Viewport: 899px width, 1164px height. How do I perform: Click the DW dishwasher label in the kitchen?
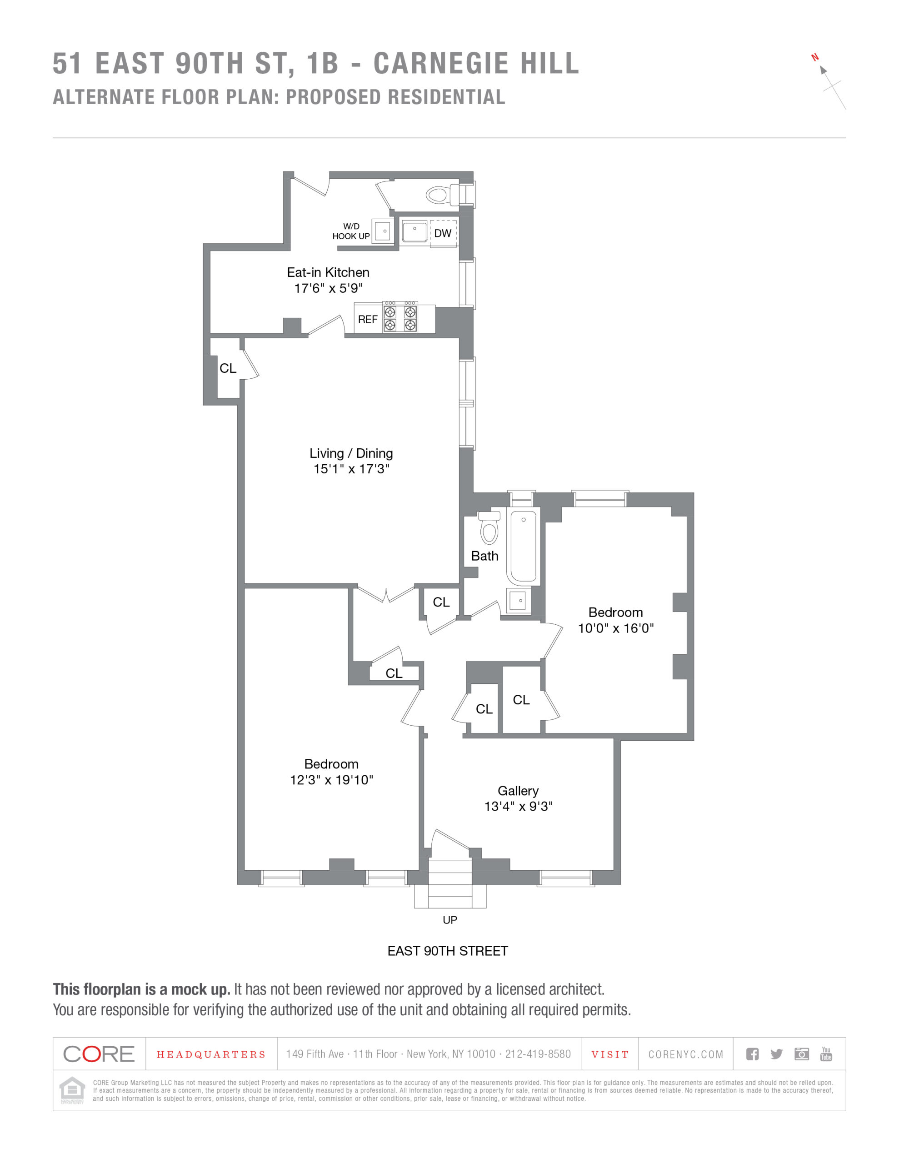click(x=442, y=233)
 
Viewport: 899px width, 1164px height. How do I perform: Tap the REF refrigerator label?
click(x=368, y=319)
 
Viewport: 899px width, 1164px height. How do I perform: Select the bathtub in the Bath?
click(x=523, y=546)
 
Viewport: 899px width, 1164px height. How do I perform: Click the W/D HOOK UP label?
click(x=351, y=231)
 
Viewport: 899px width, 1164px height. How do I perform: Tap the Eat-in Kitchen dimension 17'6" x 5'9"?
click(x=328, y=288)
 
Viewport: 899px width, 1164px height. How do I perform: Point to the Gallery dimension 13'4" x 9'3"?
click(x=518, y=806)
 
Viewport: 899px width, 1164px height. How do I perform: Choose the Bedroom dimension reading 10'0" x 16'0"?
click(x=615, y=628)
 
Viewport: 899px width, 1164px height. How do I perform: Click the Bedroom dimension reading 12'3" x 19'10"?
click(x=331, y=780)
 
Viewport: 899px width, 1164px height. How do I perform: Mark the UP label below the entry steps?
click(x=450, y=920)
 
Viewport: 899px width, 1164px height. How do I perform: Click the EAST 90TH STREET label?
click(x=448, y=951)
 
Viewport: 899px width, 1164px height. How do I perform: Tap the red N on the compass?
click(x=815, y=57)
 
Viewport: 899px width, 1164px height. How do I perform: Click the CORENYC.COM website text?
click(x=686, y=1054)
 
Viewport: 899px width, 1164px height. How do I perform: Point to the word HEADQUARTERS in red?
click(x=211, y=1055)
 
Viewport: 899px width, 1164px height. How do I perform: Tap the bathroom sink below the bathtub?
click(x=519, y=601)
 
